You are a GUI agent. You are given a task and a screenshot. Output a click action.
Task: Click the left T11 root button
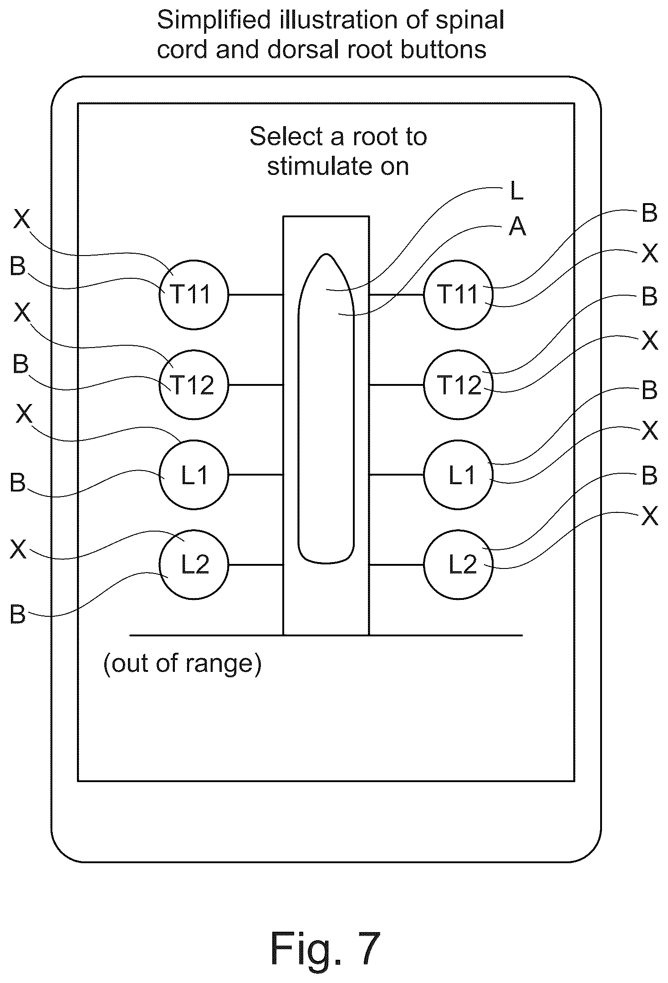pos(194,294)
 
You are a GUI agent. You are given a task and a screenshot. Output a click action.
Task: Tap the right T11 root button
pos(458,294)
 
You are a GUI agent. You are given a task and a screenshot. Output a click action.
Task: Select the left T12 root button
pos(194,384)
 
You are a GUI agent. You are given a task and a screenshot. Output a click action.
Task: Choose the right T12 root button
pos(458,384)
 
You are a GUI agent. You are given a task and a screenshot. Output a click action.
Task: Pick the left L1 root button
pos(194,475)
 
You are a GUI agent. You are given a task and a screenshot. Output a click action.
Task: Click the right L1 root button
pos(458,475)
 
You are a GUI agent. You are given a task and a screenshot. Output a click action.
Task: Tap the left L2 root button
pos(194,564)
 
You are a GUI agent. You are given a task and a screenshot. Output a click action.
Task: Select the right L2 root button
pos(458,564)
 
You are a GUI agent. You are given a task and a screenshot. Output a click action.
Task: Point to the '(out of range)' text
pos(182,664)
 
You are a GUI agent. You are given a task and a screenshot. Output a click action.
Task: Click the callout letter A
pos(517,226)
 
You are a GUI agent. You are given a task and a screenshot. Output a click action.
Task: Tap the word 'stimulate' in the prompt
pos(314,166)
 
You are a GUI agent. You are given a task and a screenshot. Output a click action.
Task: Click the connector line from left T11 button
pos(256,295)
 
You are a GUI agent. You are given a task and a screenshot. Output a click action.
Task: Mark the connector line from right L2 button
pos(396,565)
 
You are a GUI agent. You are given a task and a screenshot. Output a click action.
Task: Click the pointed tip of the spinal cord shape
pos(326,254)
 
